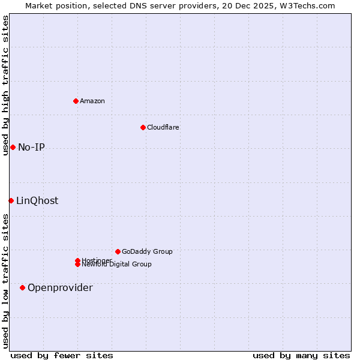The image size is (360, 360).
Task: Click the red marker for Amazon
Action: tap(76, 101)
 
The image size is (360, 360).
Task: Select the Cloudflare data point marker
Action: tap(143, 127)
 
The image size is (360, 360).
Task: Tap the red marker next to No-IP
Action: tap(13, 147)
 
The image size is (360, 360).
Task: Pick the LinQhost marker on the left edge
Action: tap(11, 200)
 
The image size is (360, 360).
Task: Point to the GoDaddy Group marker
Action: tap(118, 251)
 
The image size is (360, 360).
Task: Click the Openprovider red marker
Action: tap(22, 287)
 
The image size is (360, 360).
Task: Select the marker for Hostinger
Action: tap(77, 260)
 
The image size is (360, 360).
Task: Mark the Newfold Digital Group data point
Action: tap(77, 265)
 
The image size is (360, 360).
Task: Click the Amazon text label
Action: tap(92, 101)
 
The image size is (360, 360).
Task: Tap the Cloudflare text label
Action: tap(163, 127)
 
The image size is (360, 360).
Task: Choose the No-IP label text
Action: tap(31, 148)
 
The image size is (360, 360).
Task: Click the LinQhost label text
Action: tap(37, 201)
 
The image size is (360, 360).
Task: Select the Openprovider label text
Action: tap(60, 288)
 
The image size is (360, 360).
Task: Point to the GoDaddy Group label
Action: tap(147, 251)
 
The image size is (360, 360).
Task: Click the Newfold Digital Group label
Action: tap(117, 265)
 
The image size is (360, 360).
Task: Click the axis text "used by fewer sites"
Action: tap(62, 355)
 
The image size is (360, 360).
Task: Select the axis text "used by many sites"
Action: tap(301, 355)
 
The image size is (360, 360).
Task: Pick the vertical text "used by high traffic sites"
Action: tap(5, 85)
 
